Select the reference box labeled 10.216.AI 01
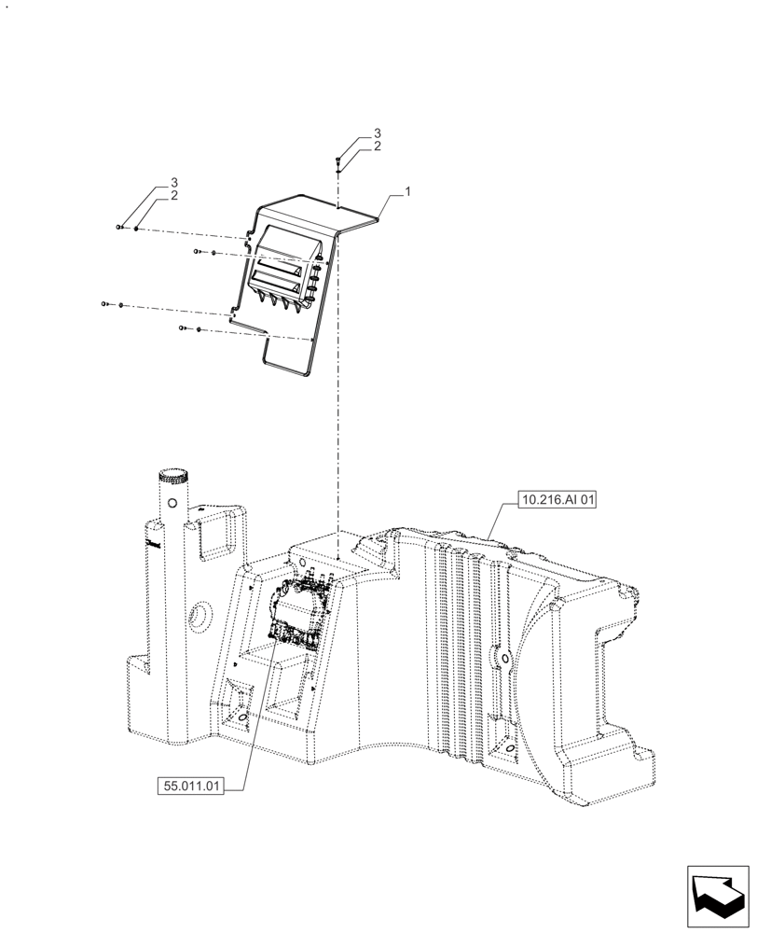pos(556,501)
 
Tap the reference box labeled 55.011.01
pos(190,786)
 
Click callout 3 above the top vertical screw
pos(377,133)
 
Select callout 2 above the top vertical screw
pos(377,146)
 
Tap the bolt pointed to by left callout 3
pos(119,227)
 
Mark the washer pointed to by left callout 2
pos(136,228)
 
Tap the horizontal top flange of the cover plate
pos(359,216)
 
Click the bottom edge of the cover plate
pos(289,369)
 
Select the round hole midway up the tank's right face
pos(504,661)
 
